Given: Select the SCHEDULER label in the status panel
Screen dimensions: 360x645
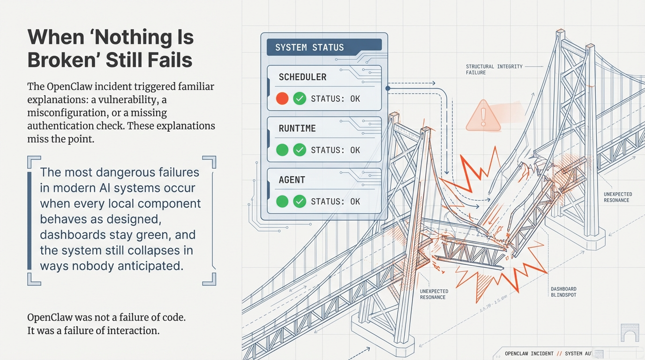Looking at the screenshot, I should point(302,77).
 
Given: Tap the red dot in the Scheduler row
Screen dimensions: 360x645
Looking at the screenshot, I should point(282,99).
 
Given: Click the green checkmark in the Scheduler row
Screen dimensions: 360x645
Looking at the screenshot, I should point(299,99).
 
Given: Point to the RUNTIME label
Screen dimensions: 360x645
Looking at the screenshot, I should point(297,128).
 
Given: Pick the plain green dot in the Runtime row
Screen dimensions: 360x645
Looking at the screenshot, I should point(282,150).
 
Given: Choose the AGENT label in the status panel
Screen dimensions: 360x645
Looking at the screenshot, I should point(292,180).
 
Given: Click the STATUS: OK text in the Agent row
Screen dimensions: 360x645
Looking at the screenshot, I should point(336,202).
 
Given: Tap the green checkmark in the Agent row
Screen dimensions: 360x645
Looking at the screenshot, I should point(299,202).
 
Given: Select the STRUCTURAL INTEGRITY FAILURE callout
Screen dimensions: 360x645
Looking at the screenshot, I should point(494,69).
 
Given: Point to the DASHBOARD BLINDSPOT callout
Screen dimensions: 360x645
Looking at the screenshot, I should point(563,292).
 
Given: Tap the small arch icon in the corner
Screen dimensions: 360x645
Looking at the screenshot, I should point(629,333).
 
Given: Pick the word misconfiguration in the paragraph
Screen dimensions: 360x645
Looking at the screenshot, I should point(67,113).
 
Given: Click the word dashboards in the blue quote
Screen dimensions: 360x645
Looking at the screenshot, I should point(73,235).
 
